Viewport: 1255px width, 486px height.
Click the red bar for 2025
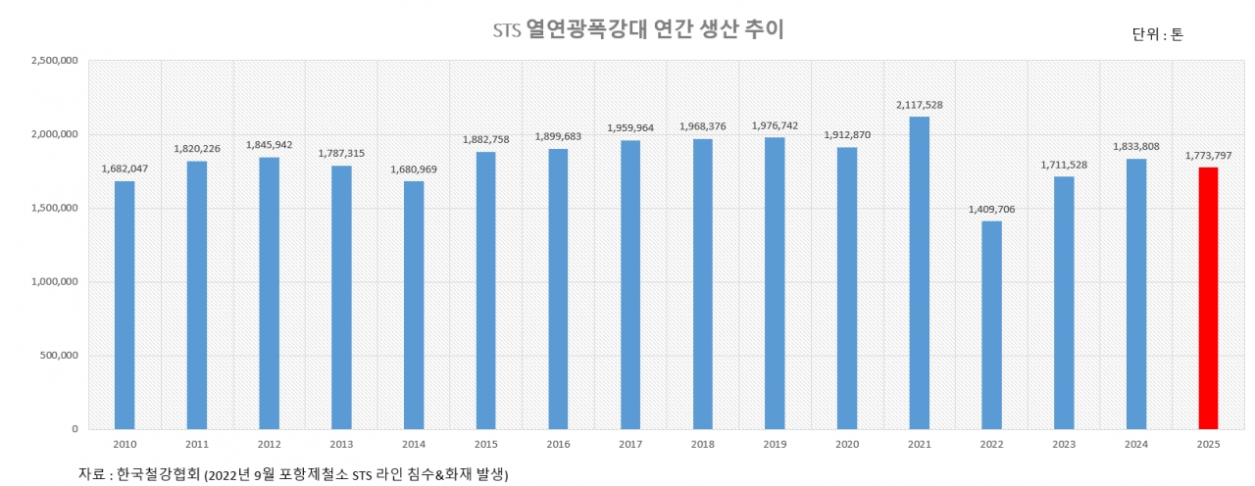pos(1208,298)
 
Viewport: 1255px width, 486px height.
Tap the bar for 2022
pos(991,324)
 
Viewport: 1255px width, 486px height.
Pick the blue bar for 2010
pos(125,305)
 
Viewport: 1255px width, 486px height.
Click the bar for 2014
pos(414,305)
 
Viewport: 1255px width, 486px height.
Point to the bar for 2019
pos(775,283)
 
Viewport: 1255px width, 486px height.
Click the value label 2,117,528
pos(919,105)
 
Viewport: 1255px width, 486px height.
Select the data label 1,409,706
pos(991,210)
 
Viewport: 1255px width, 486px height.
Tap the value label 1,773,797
pos(1208,156)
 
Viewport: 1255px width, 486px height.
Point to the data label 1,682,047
pos(125,169)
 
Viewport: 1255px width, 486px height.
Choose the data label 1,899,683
pos(558,136)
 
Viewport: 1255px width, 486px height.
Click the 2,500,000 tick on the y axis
pos(55,61)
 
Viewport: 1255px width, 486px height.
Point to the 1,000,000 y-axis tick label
pos(55,282)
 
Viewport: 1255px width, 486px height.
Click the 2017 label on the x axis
pos(630,444)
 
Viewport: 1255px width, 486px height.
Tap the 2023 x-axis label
pos(1064,444)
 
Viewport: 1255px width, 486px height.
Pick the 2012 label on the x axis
pos(269,444)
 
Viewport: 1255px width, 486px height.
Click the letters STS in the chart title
pos(506,31)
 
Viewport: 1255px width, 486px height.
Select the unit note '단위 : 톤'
pos(1157,34)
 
